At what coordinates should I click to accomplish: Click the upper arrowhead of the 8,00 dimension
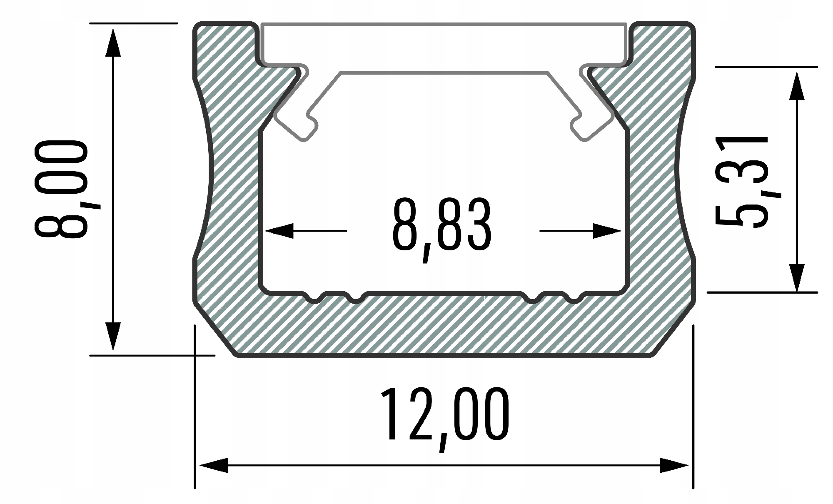[113, 42]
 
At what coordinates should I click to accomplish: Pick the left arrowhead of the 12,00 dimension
[214, 465]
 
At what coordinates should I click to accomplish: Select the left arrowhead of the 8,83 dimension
[279, 231]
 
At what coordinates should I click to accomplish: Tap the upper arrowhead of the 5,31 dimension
[796, 85]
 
